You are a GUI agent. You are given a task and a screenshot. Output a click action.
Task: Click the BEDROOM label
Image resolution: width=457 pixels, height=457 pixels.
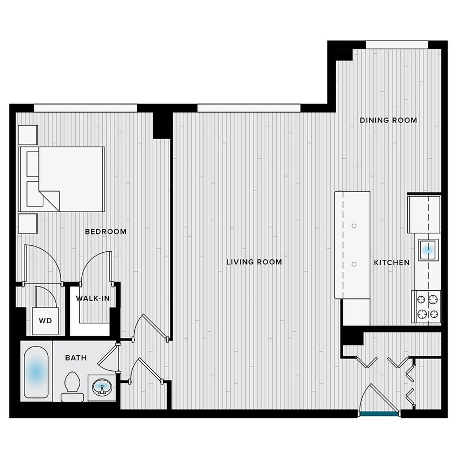coord(106,232)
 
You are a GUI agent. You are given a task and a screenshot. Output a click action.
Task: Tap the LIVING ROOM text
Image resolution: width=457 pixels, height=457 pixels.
coord(254,262)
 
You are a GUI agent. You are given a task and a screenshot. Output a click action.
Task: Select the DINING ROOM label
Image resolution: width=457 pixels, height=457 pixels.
coord(388,120)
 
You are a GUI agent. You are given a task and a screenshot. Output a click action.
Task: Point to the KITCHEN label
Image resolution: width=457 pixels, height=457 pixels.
coord(391,263)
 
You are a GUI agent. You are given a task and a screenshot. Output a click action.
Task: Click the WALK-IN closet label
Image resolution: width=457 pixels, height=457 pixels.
coord(90,298)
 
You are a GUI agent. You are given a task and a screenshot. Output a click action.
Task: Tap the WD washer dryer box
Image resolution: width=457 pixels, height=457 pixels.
coord(45,320)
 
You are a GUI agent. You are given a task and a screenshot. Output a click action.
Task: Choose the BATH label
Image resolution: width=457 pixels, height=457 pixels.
coord(75,357)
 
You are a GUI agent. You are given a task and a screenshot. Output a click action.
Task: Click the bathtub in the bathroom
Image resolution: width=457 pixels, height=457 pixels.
coord(36,372)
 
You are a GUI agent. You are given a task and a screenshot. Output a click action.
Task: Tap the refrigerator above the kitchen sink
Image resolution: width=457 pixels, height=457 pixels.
coord(423,213)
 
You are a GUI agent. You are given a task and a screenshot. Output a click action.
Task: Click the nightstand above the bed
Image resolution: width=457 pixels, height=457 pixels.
coord(28,134)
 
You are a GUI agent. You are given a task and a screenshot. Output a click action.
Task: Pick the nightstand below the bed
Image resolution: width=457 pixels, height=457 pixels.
coord(28,223)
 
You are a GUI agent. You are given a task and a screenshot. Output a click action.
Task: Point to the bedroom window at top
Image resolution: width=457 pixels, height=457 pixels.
coord(85,108)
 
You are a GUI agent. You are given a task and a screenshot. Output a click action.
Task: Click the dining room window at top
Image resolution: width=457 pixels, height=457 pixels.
coord(397,44)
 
